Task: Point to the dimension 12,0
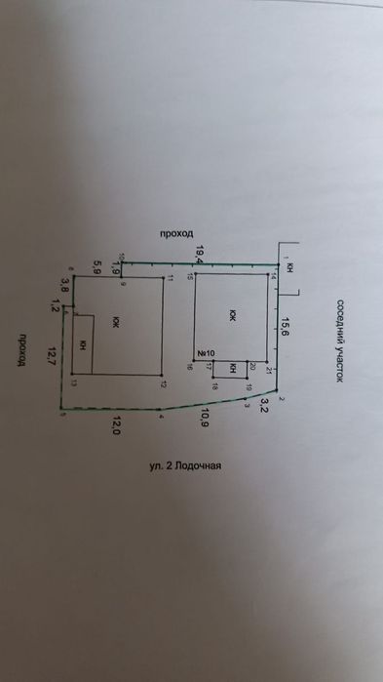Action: tap(117, 425)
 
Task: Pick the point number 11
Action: tap(168, 280)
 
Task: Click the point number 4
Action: tap(161, 417)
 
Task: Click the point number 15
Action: tap(191, 278)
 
